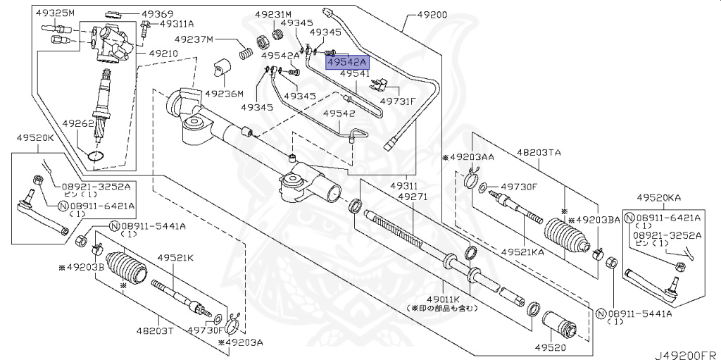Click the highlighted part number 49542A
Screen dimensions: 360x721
point(346,63)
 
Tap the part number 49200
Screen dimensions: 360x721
point(432,14)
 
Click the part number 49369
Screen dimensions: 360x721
point(157,13)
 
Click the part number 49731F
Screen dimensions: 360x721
point(399,101)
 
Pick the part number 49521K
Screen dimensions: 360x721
point(175,258)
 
